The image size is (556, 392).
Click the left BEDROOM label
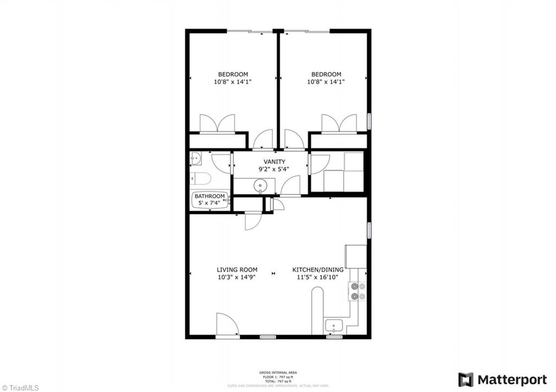point(233,74)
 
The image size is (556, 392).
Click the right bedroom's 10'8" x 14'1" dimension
point(326,82)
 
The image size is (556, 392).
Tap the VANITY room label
point(274,162)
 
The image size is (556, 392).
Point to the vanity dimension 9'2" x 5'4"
point(274,169)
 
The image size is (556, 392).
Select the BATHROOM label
point(210,196)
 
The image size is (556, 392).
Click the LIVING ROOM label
point(237,269)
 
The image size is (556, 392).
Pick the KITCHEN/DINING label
point(318,269)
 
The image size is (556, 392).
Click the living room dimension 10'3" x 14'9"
point(237,277)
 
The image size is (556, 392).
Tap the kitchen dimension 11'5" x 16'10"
point(318,277)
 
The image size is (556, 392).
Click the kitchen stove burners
point(357,291)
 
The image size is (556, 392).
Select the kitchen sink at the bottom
point(333,326)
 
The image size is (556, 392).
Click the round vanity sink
point(261,186)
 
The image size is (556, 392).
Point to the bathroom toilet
point(200,178)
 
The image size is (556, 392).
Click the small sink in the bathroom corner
point(195,158)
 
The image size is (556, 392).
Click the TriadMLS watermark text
point(18,388)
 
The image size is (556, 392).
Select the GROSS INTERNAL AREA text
point(277,372)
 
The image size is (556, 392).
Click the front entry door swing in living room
point(226,325)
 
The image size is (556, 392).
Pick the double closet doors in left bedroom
point(217,124)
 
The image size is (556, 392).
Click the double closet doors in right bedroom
point(339,124)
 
